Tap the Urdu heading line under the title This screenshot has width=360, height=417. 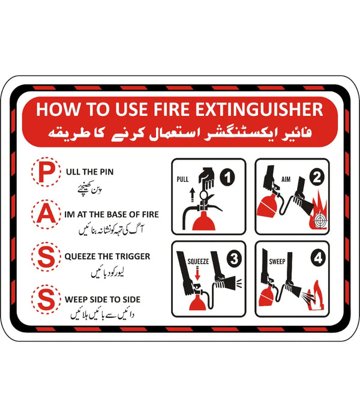point(180,131)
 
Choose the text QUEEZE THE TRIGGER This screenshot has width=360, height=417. point(107,256)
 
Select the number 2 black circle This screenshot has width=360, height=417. point(316,177)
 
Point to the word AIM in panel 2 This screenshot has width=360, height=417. point(286,178)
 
